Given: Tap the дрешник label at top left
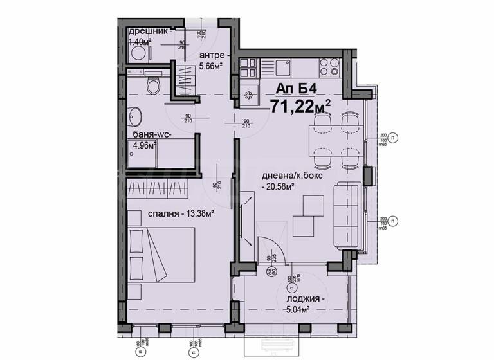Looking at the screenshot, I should pyautogui.click(x=149, y=32).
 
